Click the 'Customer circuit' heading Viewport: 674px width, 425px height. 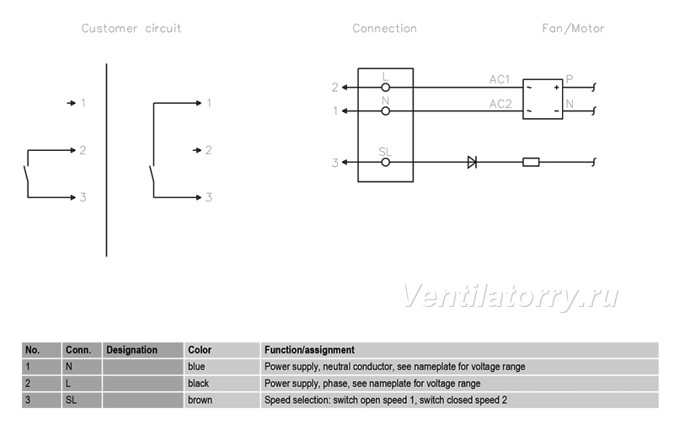[x=131, y=29]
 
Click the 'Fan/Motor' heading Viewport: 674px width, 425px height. [x=573, y=29]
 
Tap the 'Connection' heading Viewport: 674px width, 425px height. [x=384, y=29]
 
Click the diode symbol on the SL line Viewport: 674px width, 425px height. [x=472, y=162]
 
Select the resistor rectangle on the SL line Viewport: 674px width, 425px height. [x=531, y=162]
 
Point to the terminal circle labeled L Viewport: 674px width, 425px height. [x=386, y=88]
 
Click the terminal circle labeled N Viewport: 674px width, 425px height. [x=386, y=111]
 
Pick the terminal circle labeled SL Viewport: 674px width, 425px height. [x=386, y=162]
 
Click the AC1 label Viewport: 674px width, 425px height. [x=499, y=79]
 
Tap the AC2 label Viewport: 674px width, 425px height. [x=500, y=104]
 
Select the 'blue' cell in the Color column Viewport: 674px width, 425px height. [x=222, y=367]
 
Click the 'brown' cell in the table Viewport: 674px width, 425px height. [x=222, y=400]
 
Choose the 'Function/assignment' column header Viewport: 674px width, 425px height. [x=309, y=350]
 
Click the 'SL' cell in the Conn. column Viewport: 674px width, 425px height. [x=82, y=400]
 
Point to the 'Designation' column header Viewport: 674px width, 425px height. [x=132, y=350]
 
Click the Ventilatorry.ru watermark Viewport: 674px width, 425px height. [x=511, y=296]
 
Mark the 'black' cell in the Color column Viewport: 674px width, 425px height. [x=222, y=384]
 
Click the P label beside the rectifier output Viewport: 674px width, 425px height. [x=570, y=79]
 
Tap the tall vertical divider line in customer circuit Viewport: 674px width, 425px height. [x=107, y=160]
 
